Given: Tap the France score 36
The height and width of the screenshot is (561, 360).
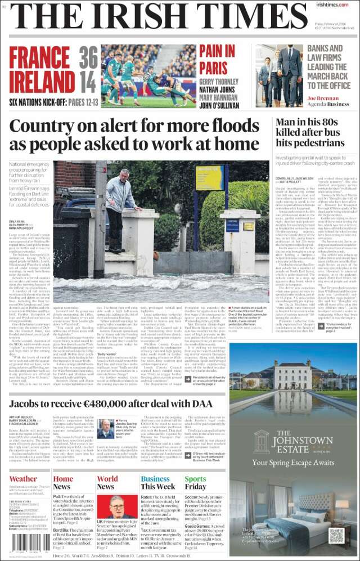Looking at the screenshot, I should (x=88, y=59).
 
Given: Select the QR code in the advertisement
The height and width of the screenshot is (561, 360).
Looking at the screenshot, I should (x=336, y=535).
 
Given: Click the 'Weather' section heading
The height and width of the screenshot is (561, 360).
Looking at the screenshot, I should (x=24, y=479).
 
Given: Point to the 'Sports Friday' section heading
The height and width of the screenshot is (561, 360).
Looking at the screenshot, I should (x=195, y=483).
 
